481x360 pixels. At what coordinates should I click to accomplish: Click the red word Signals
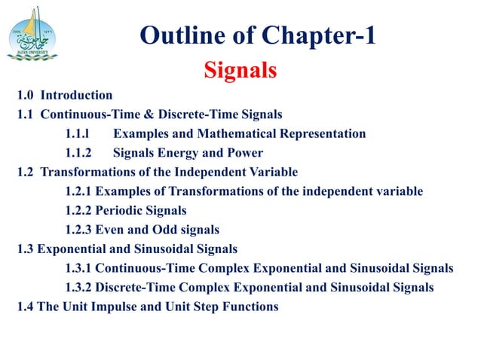(x=240, y=71)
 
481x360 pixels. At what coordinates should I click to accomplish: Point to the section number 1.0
(x=26, y=95)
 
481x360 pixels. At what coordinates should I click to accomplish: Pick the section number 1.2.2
(x=79, y=211)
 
